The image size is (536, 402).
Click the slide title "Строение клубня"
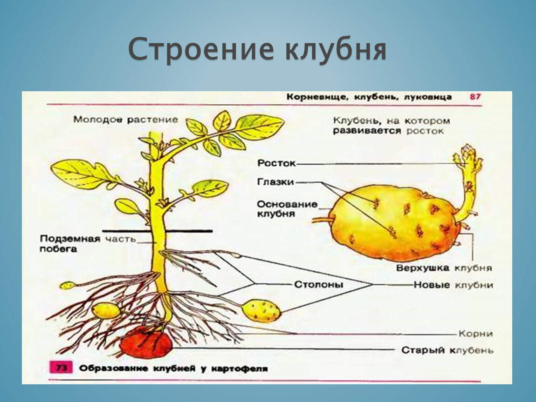tap(257, 49)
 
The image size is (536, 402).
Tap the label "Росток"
tap(276, 163)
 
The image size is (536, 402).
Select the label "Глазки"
tap(275, 182)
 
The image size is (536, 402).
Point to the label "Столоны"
tap(319, 285)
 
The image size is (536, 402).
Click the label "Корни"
tap(475, 334)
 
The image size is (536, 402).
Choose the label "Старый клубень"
tap(447, 350)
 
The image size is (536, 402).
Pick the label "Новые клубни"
tap(454, 285)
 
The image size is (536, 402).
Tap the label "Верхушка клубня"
tap(444, 268)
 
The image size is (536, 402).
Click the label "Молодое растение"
tap(125, 120)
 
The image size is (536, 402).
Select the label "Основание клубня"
tap(287, 209)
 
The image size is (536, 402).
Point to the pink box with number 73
tap(61, 368)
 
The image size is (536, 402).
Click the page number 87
tap(475, 97)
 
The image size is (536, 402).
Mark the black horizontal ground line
tap(157, 231)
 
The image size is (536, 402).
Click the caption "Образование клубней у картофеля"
tap(174, 368)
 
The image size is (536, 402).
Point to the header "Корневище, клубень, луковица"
tap(369, 97)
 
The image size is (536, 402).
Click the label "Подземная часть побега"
tap(88, 244)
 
